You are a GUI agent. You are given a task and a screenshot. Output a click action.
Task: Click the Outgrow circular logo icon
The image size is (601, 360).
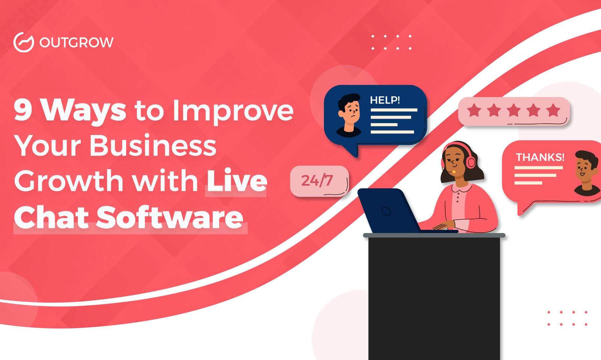[x=24, y=42]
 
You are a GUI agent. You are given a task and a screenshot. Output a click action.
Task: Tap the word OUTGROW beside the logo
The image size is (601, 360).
[x=76, y=43]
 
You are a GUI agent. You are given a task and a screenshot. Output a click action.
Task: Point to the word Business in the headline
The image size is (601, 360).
[x=153, y=145]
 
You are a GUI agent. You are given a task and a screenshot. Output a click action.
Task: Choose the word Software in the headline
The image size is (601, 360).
[x=170, y=217]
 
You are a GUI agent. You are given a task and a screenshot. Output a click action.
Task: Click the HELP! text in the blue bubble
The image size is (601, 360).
[x=385, y=100]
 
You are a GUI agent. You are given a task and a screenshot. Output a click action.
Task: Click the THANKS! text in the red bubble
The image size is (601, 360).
[x=540, y=157]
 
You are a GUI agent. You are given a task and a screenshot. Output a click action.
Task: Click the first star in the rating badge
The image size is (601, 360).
[x=474, y=110]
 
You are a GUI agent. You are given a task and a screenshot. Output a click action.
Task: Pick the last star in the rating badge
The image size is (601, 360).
[x=553, y=110]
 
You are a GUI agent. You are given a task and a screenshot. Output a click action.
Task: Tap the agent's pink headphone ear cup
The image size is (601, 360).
[x=471, y=162]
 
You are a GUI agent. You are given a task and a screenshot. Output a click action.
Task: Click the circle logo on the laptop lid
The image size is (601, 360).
[x=386, y=211]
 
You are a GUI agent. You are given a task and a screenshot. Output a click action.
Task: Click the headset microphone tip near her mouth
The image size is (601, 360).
[x=454, y=172]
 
